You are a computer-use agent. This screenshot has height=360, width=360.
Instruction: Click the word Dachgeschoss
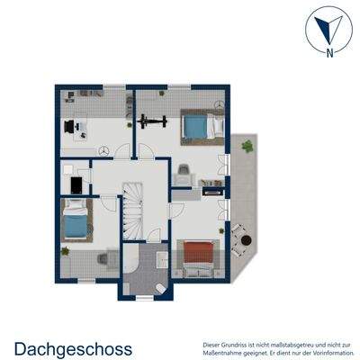click(x=73, y=347)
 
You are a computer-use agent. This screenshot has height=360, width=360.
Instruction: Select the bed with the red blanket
click(x=197, y=256)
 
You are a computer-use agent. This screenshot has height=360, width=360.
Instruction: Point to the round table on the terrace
click(x=238, y=239)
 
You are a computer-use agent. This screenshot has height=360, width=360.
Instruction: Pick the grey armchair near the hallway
click(x=183, y=171)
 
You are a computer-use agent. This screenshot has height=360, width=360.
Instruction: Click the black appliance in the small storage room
click(x=75, y=185)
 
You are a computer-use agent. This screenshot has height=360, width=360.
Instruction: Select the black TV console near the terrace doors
click(x=212, y=190)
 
